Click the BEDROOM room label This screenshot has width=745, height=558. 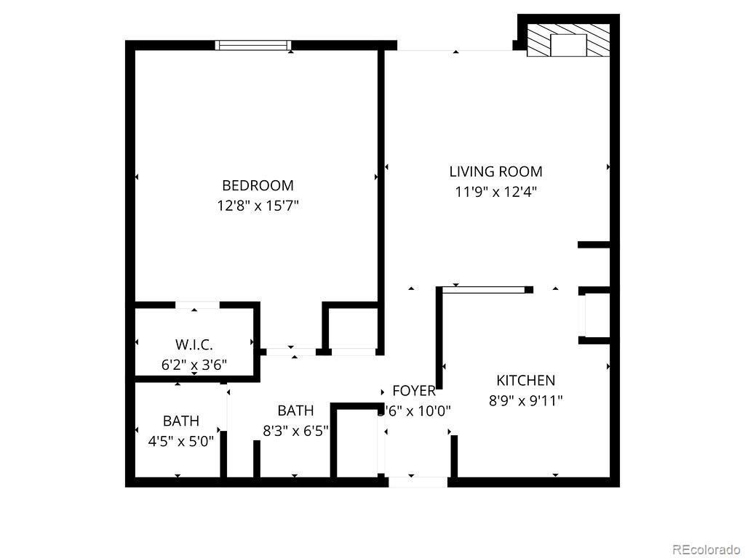click(x=258, y=185)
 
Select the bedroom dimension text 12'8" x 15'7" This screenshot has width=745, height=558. click(x=258, y=206)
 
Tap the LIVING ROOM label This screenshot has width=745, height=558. click(x=495, y=172)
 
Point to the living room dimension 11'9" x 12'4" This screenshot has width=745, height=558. click(x=495, y=192)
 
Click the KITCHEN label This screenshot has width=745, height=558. click(x=525, y=380)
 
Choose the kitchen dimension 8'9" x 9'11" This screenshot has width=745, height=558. click(x=525, y=400)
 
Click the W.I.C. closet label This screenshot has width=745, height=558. click(x=194, y=344)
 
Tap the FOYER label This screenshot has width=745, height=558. click(x=414, y=391)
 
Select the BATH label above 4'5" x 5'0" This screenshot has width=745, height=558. click(x=180, y=421)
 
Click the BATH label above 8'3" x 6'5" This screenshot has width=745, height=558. click(x=295, y=410)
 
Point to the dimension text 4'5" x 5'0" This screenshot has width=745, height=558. click(x=180, y=440)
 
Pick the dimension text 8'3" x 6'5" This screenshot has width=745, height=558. click(x=295, y=430)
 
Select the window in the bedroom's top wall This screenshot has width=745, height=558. click(x=253, y=45)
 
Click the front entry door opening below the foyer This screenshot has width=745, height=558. click(x=418, y=481)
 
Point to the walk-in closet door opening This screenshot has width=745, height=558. click(x=197, y=304)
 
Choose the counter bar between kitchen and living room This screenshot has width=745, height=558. click(x=484, y=290)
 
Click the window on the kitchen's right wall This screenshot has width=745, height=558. click(x=581, y=316)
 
